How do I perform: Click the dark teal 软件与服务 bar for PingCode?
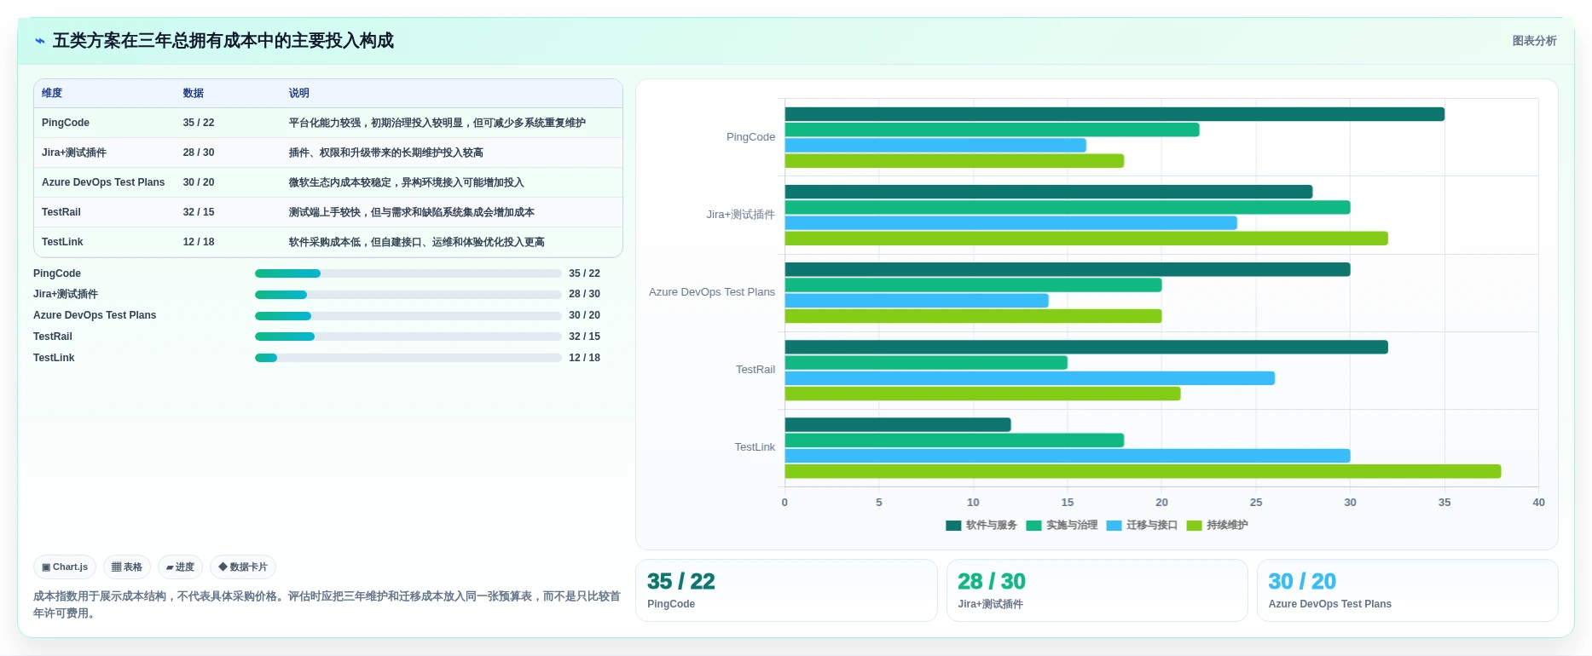[1114, 114]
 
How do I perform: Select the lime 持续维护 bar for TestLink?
[1143, 471]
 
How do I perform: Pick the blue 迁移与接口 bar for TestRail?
[1030, 378]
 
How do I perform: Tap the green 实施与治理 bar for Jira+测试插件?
[1068, 207]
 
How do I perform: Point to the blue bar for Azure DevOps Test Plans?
[917, 301]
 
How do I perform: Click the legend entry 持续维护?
[1218, 525]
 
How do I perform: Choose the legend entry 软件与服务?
[981, 525]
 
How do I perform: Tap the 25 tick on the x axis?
[1256, 503]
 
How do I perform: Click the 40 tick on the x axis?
[1538, 503]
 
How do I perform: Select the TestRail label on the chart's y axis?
[755, 370]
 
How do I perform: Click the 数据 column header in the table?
[194, 93]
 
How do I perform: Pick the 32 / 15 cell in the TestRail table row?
[199, 212]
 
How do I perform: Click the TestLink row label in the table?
[62, 242]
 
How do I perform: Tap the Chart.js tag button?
[65, 567]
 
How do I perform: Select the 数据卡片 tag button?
[243, 567]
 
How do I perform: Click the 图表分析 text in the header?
[1535, 41]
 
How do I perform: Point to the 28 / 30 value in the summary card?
[992, 581]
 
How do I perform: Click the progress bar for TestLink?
[408, 358]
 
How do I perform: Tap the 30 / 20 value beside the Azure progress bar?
[585, 315]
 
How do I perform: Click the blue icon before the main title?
[40, 41]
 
